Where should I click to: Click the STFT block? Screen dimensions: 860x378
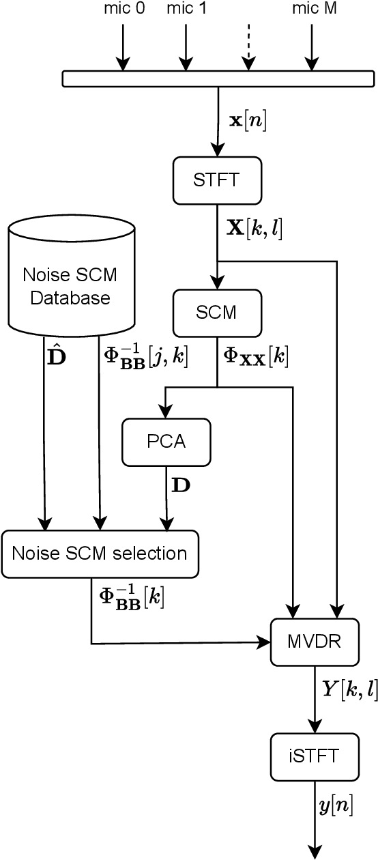[217, 180]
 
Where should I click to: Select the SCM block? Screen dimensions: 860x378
[217, 313]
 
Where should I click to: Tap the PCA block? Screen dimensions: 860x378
[166, 441]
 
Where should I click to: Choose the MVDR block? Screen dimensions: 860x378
[314, 642]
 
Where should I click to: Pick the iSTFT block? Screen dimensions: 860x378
[314, 756]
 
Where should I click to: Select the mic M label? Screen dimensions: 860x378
[314, 9]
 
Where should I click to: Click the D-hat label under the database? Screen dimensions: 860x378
[57, 357]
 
